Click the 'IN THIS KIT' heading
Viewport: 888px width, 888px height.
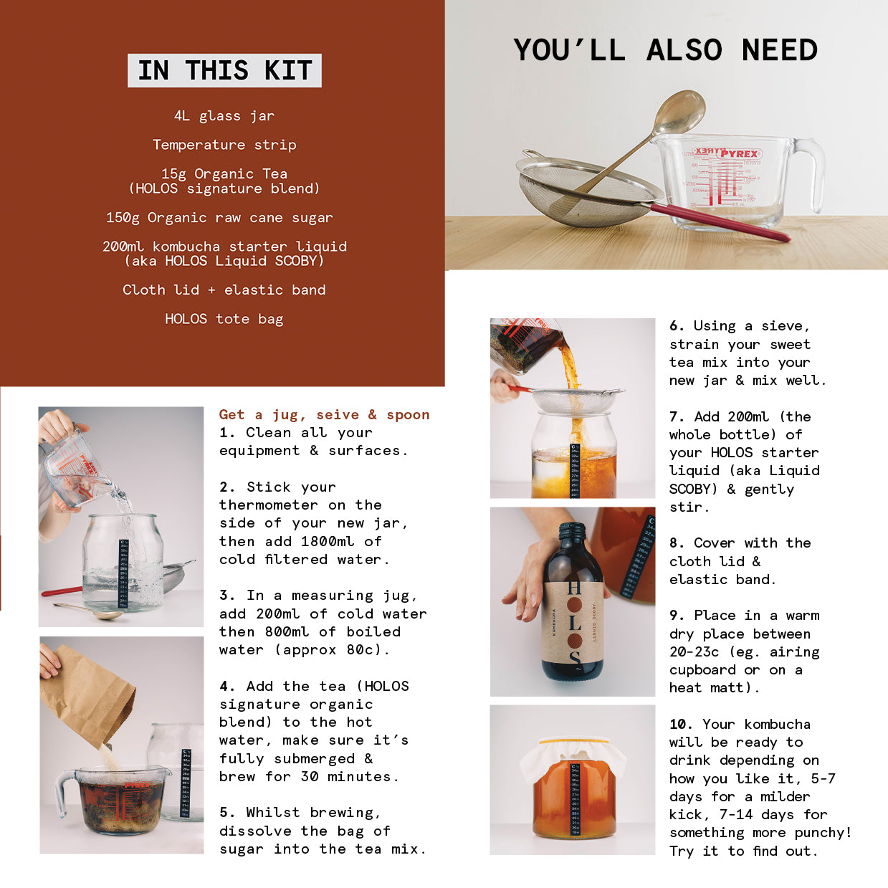[x=224, y=70]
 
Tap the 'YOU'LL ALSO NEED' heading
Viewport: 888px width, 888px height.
[x=665, y=50]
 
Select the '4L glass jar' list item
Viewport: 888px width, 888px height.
[x=224, y=115]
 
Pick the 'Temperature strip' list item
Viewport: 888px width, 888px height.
[x=224, y=145]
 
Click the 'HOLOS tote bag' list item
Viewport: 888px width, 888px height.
[x=224, y=319]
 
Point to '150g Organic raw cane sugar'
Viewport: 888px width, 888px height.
[x=219, y=217]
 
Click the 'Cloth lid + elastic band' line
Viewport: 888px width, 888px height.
[x=224, y=290]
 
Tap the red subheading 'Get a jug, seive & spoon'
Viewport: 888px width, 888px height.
[x=325, y=415]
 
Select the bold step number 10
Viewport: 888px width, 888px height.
[x=681, y=724]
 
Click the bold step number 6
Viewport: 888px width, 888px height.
[x=677, y=326]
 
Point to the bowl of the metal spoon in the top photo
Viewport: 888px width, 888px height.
[x=679, y=112]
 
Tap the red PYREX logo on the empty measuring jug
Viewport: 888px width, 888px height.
[x=739, y=153]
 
